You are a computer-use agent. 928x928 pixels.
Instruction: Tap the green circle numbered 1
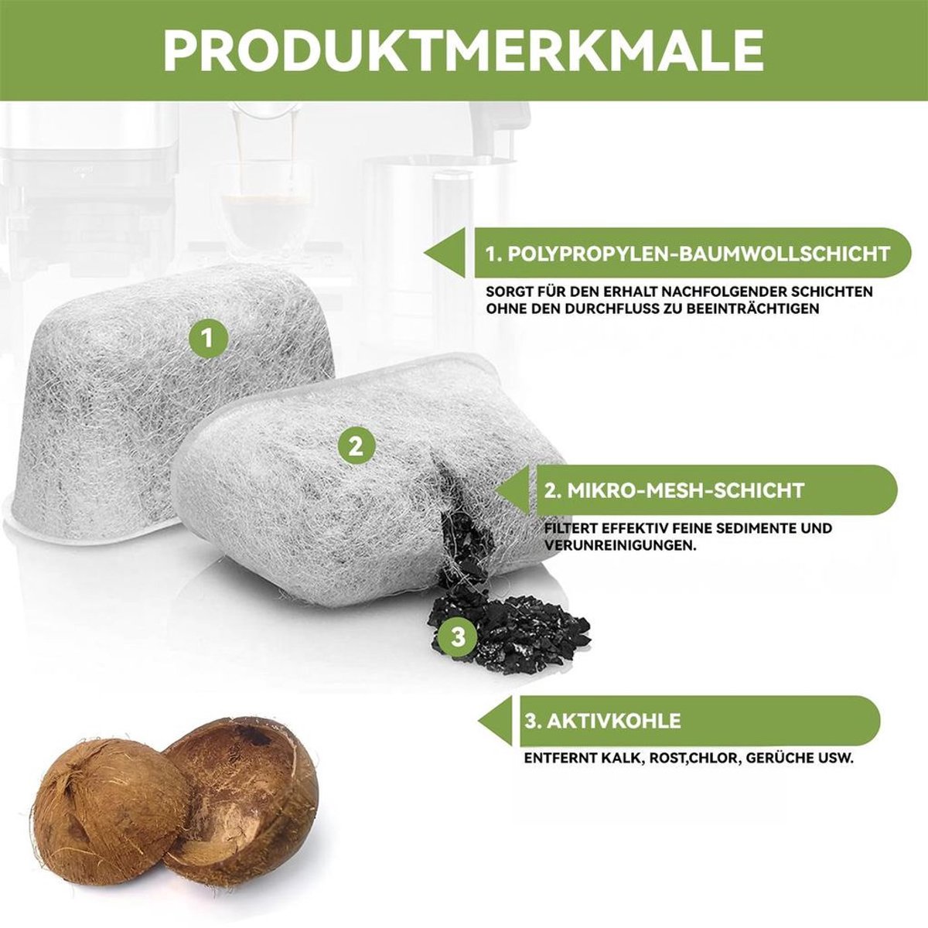click(x=207, y=339)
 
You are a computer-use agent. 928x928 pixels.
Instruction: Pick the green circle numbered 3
click(x=458, y=637)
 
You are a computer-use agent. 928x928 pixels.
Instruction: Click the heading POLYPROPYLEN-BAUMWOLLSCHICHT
click(x=687, y=254)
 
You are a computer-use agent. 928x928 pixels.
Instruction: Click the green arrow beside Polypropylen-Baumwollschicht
click(x=445, y=253)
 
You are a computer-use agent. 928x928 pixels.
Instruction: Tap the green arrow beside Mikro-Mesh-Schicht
click(x=516, y=491)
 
